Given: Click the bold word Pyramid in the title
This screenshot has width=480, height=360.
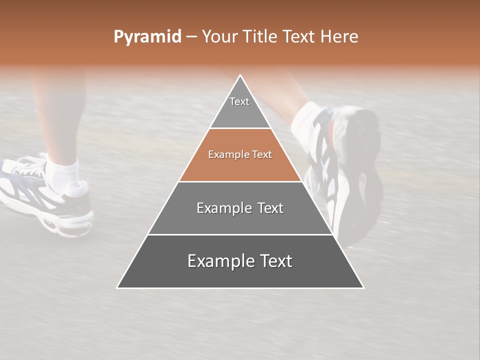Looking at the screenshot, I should tap(147, 37).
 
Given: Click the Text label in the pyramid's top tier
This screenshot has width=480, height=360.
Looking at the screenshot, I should tap(239, 101).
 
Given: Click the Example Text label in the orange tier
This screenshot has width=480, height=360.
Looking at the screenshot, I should tap(240, 155).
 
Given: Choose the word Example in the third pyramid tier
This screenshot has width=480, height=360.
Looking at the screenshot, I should tap(220, 208).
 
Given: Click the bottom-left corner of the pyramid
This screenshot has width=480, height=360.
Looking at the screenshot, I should tap(118, 287).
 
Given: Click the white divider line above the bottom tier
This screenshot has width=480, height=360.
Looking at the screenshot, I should tap(240, 234).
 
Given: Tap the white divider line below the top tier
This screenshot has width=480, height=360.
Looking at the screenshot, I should tap(240, 128).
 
